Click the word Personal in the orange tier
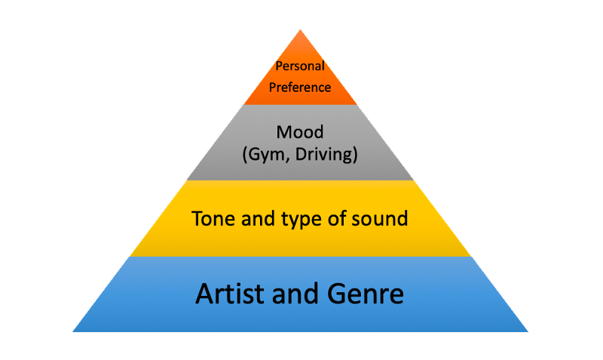tap(300, 66)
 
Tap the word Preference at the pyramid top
tap(301, 87)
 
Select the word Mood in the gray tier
tap(300, 133)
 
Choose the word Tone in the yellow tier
tap(210, 219)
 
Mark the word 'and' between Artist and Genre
tap(297, 293)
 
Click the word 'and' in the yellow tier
tap(254, 219)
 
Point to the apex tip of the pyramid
tap(301, 29)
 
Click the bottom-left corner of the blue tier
tap(73, 331)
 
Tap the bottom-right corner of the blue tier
tap(528, 331)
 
